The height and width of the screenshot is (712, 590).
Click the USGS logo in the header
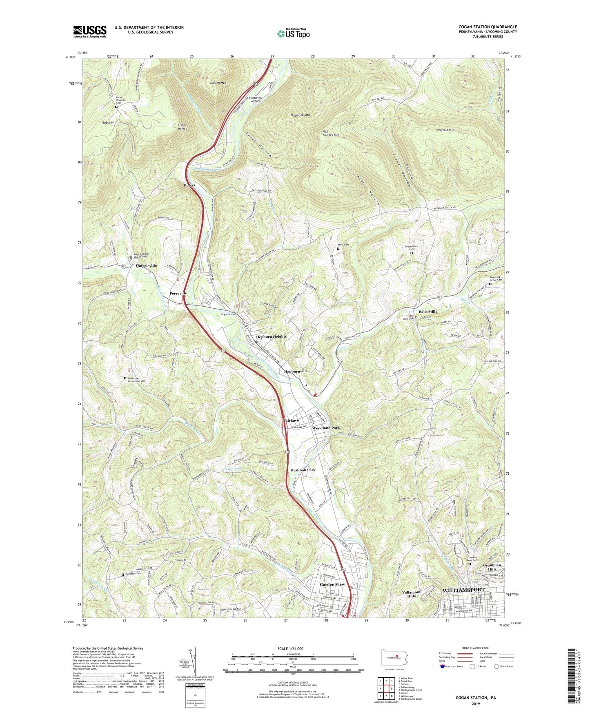coord(89,31)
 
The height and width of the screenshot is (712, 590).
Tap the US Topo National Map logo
coord(293,33)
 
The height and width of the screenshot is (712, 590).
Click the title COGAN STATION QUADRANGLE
coord(488,27)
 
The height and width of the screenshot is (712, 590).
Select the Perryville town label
coord(178,293)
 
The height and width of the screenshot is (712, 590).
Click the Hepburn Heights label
coord(271,337)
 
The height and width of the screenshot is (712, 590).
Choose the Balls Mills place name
coord(427,312)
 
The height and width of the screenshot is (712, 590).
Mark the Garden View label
coord(332,584)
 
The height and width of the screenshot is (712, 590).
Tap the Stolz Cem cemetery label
coord(343,245)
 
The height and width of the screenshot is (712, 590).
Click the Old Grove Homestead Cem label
coord(136,380)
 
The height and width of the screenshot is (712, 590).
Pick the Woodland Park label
coord(326,428)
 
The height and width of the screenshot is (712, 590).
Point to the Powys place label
coord(189,185)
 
